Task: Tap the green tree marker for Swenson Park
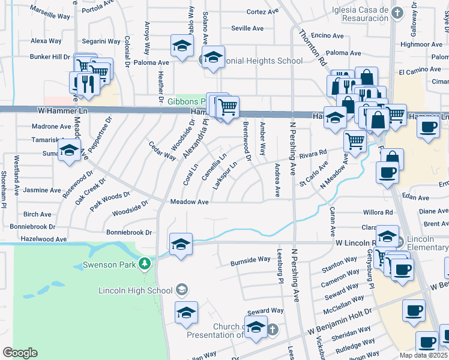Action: pyautogui.click(x=144, y=263)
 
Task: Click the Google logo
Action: pyautogui.click(x=20, y=353)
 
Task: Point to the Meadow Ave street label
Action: pyautogui.click(x=189, y=202)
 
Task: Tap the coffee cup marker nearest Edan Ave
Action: pyautogui.click(x=387, y=172)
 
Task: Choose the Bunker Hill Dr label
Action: pyautogui.click(x=50, y=57)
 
